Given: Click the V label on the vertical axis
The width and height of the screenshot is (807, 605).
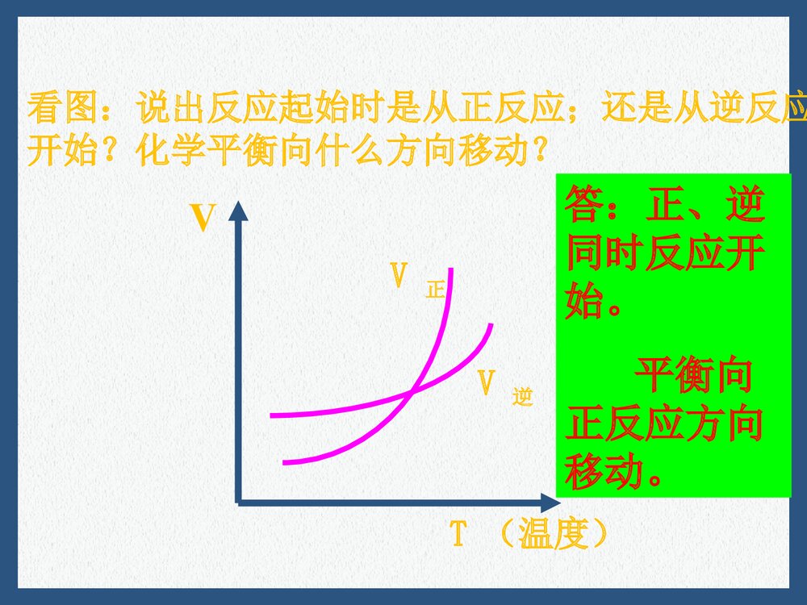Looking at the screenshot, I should (202, 219).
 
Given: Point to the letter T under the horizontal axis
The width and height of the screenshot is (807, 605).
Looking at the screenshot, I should (458, 534).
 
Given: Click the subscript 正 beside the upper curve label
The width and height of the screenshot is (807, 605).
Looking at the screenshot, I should (436, 290).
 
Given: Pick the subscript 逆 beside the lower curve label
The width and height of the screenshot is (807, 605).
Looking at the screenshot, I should (523, 397).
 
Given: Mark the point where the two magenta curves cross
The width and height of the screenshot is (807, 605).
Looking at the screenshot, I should (412, 391).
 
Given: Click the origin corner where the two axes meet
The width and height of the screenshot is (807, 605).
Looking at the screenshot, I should (239, 502).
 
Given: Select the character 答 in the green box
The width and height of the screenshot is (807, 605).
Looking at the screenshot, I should (586, 207).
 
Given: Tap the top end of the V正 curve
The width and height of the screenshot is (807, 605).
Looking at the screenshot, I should (451, 269).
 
